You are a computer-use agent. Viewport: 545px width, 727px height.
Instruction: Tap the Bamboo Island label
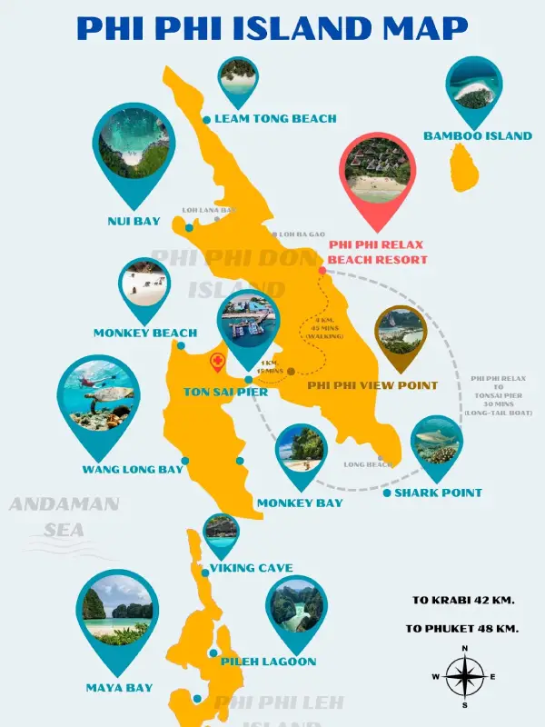click(478, 136)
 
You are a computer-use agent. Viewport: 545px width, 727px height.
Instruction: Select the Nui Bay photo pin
click(134, 150)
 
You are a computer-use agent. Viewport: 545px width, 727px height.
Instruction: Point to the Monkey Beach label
click(145, 334)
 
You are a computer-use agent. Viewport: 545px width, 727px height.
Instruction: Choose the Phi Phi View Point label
click(372, 385)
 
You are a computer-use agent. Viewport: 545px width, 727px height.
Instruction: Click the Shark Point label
click(439, 493)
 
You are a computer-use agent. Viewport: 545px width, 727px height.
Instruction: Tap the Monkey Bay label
click(300, 503)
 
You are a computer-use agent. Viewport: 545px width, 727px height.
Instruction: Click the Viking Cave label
click(252, 568)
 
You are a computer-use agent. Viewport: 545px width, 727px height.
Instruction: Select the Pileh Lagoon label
click(269, 662)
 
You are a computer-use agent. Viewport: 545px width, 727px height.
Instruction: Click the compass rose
click(465, 677)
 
